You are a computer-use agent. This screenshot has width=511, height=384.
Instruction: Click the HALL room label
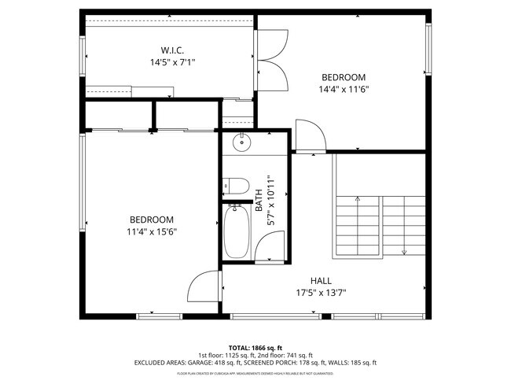click(321, 280)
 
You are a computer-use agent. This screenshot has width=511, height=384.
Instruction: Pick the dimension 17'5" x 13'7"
click(321, 293)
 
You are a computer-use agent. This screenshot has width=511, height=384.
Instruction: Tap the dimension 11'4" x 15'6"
click(152, 231)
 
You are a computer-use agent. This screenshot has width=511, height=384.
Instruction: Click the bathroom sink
click(242, 143)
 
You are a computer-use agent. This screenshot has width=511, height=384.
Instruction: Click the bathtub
click(237, 231)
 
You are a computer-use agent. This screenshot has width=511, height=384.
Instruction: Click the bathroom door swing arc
click(266, 249)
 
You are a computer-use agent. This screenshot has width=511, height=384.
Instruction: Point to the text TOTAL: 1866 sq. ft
click(255, 347)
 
